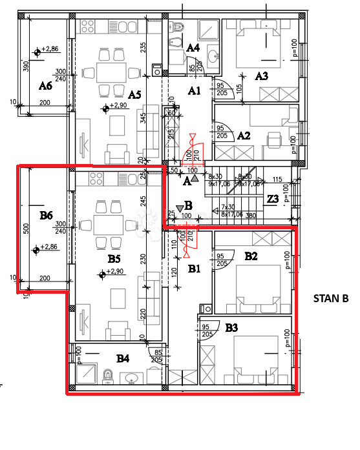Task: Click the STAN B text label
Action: click(330, 299)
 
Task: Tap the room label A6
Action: click(45, 85)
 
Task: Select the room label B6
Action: click(45, 215)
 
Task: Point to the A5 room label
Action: click(134, 94)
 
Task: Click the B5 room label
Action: click(114, 258)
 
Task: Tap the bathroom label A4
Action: click(193, 48)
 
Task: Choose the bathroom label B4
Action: click(123, 358)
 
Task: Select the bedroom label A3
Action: click(261, 76)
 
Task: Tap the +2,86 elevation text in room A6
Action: click(50, 49)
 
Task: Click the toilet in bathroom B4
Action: click(109, 375)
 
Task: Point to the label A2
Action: click(244, 136)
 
